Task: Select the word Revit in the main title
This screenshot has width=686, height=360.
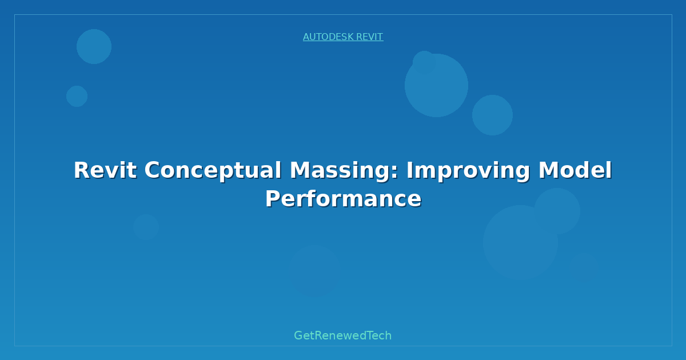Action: click(105, 170)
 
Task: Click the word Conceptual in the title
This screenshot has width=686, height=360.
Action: click(213, 171)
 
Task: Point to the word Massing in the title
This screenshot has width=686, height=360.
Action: click(340, 171)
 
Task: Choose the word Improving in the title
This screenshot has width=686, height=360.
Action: click(468, 171)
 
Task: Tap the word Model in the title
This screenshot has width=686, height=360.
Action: click(575, 170)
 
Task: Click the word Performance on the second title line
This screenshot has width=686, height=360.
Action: click(344, 199)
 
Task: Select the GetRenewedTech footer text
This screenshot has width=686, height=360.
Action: click(342, 335)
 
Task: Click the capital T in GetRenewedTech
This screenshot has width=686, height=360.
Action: click(370, 335)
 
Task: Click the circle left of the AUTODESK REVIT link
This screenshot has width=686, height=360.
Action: click(94, 46)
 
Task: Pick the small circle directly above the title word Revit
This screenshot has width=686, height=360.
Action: click(77, 96)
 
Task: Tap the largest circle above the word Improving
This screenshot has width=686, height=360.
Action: click(436, 85)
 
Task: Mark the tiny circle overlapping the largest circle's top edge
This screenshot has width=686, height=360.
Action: click(424, 62)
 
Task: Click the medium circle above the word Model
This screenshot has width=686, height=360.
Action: click(492, 115)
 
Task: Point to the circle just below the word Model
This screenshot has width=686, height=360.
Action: click(557, 211)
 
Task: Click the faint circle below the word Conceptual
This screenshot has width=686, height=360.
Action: click(146, 227)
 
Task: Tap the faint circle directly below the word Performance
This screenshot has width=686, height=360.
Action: click(314, 271)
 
